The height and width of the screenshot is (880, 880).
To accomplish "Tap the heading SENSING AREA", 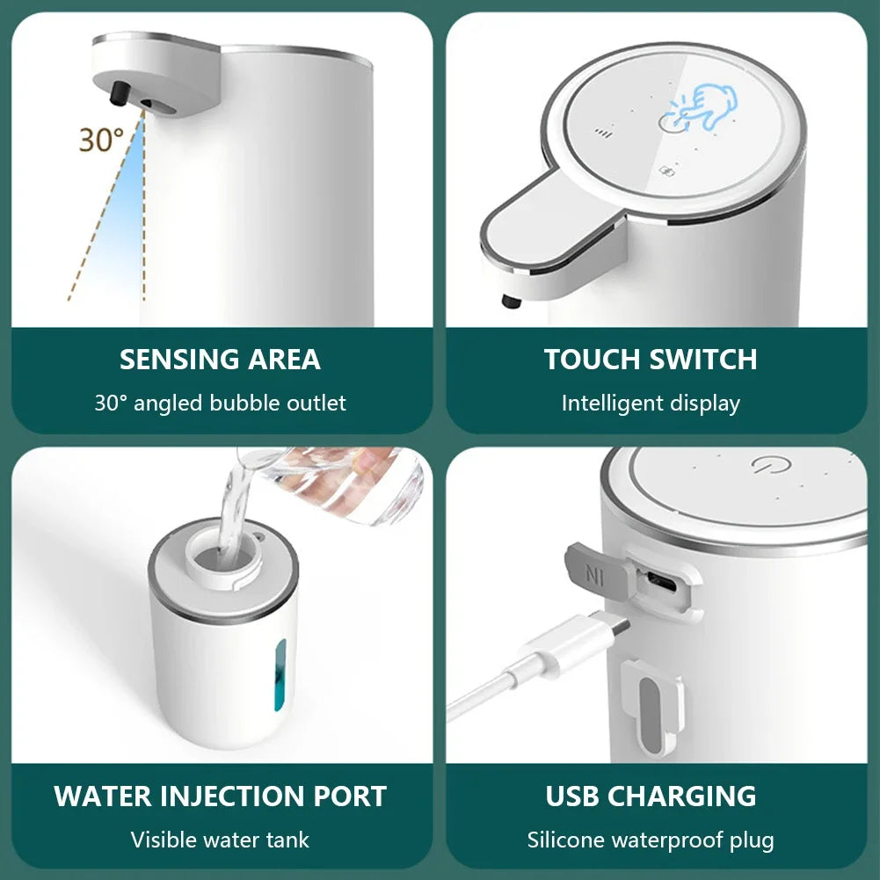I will click(x=220, y=360).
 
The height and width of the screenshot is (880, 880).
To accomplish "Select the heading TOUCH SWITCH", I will click(x=651, y=360).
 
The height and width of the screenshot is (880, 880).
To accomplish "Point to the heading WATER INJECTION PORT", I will click(x=220, y=796).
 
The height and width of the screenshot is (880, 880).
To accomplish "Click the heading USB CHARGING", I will click(x=651, y=796).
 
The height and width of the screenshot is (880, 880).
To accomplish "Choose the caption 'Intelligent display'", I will click(x=651, y=404).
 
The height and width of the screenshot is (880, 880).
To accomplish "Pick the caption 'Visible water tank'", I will click(x=220, y=840).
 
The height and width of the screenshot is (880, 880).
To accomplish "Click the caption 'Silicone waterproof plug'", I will click(x=651, y=840).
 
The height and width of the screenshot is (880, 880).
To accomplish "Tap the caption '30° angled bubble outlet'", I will click(x=220, y=404).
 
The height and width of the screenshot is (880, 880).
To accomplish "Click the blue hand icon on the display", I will click(x=710, y=108).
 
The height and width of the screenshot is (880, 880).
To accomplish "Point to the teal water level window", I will click(x=280, y=674).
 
